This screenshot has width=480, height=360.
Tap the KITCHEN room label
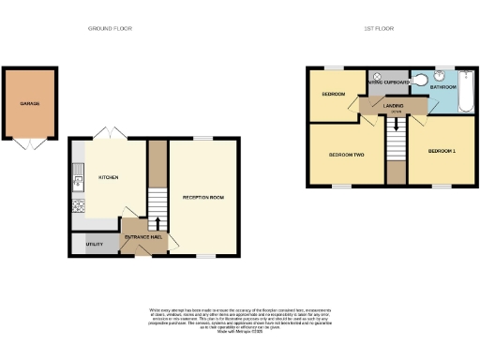[x=107, y=177]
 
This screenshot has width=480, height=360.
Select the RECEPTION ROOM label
[x=202, y=198]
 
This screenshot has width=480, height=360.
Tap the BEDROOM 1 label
[x=442, y=151]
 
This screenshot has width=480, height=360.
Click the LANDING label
[x=394, y=106]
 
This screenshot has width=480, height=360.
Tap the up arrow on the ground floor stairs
[x=157, y=221]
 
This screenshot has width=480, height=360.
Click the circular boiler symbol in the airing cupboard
[x=374, y=74]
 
